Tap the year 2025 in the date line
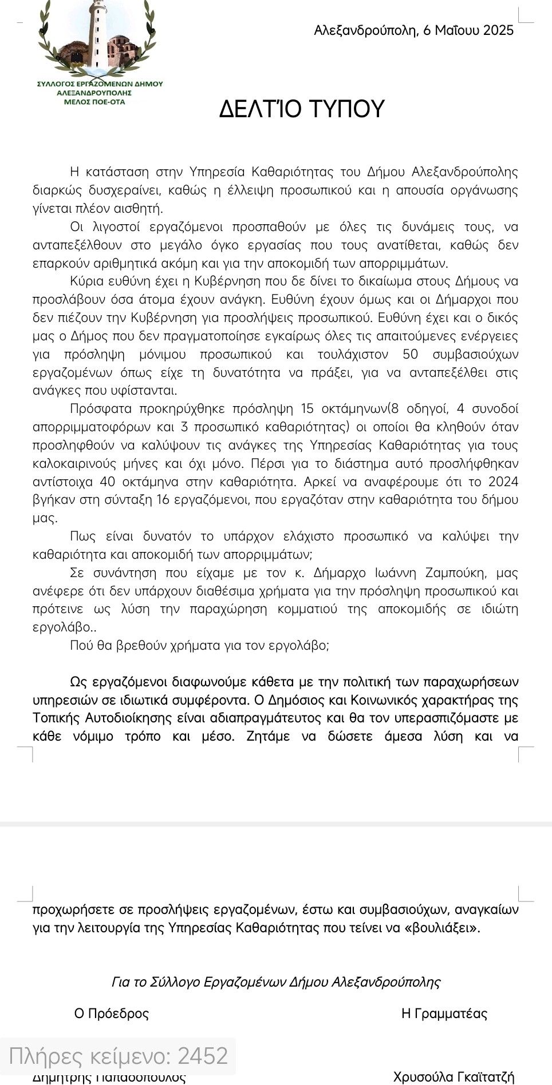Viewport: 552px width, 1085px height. [491, 30]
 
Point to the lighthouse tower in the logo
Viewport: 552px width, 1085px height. [98, 34]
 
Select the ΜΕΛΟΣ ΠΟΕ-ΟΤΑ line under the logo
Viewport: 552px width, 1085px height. [94, 102]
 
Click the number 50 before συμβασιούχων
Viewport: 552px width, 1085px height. [411, 354]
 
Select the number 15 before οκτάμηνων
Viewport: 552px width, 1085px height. [307, 408]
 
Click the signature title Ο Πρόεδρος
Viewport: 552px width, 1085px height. [112, 1014]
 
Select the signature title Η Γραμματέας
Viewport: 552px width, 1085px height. [444, 1014]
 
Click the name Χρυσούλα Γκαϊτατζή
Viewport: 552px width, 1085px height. [454, 1076]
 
